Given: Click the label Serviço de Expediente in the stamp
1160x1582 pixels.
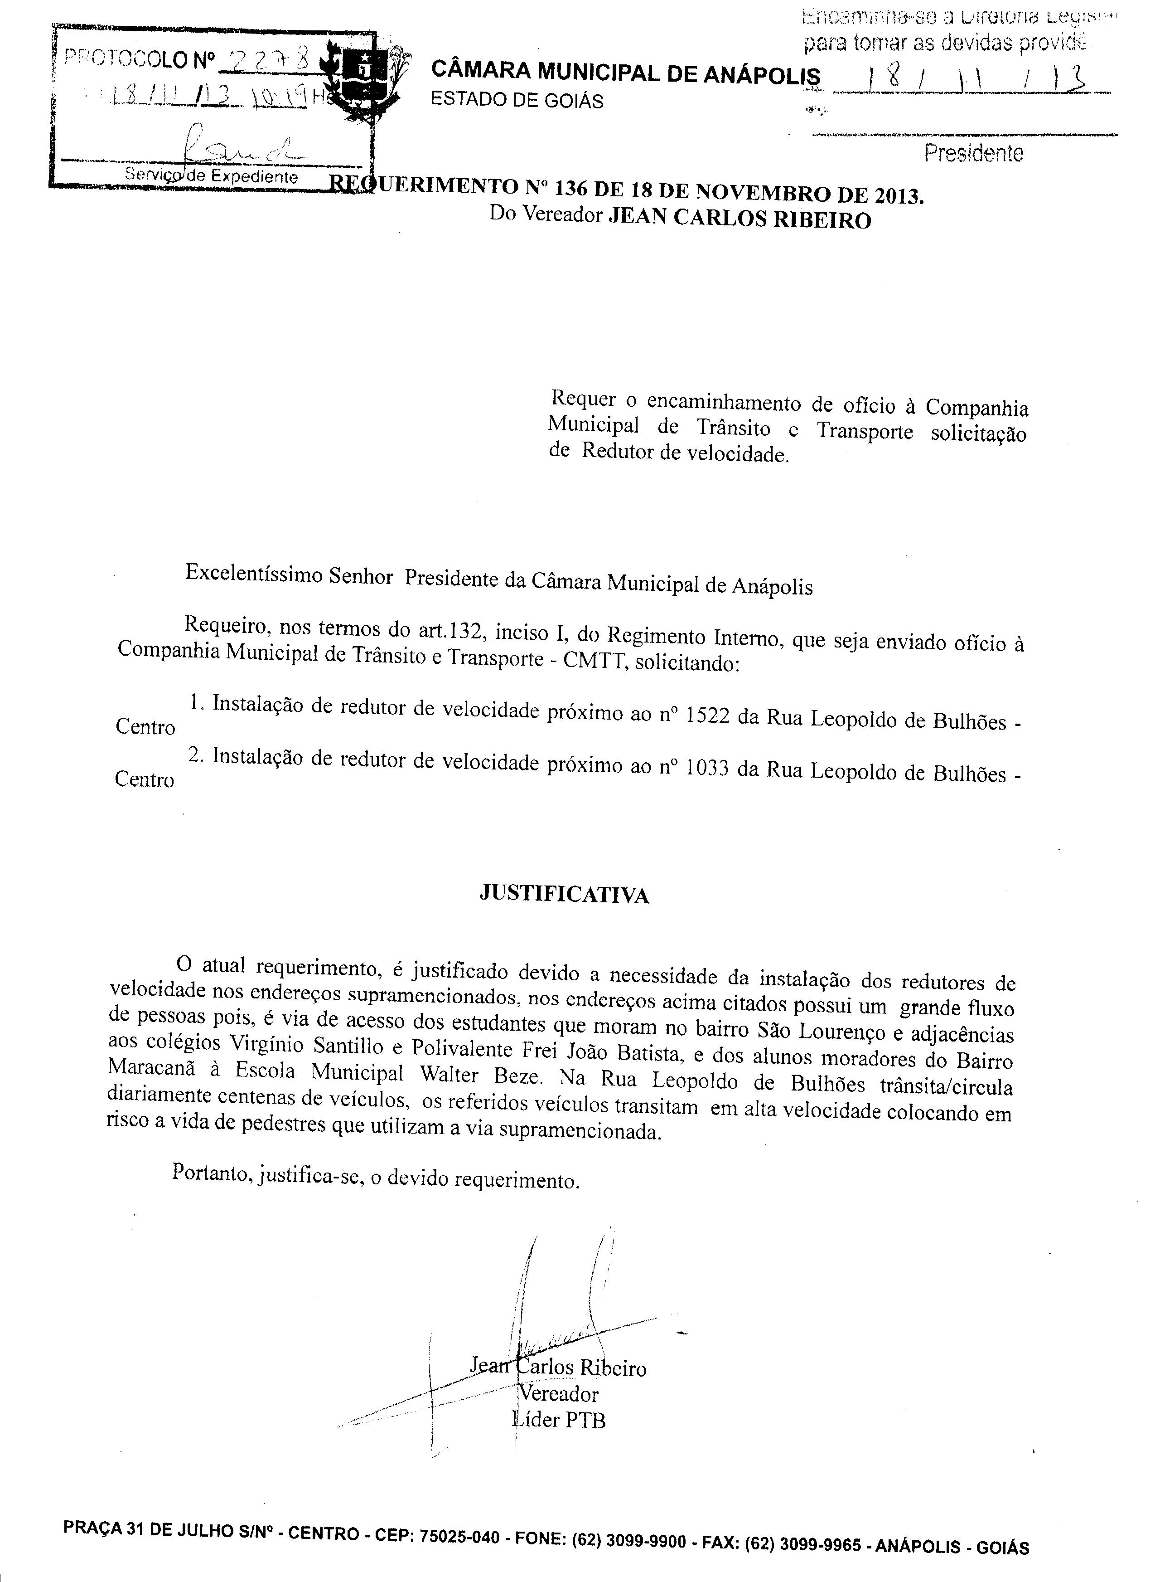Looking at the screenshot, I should click(211, 175).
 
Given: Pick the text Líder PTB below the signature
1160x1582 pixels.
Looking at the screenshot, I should click(559, 1420).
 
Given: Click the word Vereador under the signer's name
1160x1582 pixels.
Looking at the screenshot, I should click(559, 1394).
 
